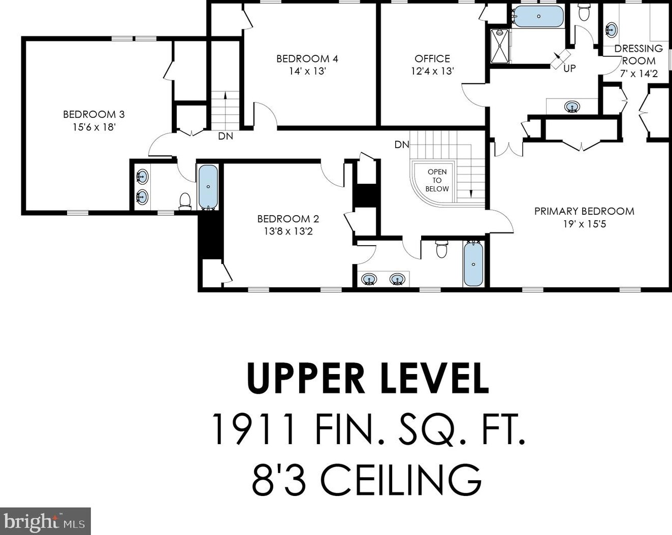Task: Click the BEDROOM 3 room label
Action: point(93,114)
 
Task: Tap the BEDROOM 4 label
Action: point(307,59)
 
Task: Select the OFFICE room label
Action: point(432,59)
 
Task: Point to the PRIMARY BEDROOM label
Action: point(584,211)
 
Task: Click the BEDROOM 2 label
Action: point(288,219)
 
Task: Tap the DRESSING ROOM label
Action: point(638,55)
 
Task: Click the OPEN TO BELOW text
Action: point(437,180)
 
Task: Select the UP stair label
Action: point(569,69)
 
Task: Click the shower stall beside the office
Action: point(499,46)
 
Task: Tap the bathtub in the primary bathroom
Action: point(538,16)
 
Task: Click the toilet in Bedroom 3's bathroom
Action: point(185,202)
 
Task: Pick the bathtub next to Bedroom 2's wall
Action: point(208,187)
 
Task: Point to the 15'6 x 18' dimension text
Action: point(94,127)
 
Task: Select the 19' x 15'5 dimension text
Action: point(585,224)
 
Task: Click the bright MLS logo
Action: point(45,521)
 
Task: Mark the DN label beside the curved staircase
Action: point(402,145)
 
